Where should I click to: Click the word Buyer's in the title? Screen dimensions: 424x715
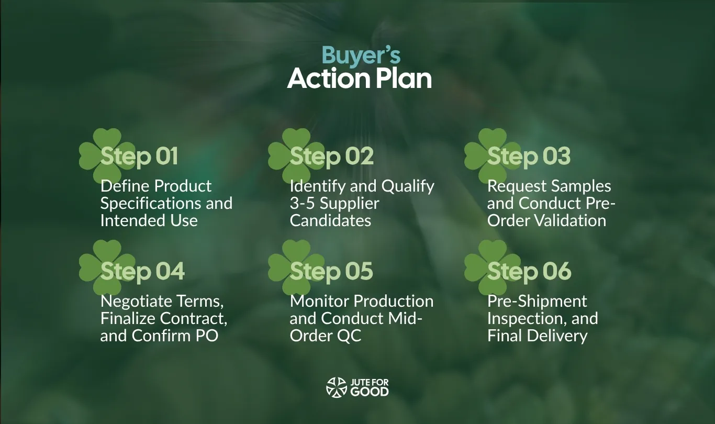click(361, 56)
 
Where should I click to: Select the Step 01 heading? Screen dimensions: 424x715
click(139, 156)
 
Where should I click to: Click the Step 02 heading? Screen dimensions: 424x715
click(332, 156)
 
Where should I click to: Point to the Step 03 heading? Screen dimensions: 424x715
click(529, 156)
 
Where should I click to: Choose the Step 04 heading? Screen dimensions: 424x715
click(142, 271)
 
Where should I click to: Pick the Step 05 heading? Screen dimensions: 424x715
click(331, 271)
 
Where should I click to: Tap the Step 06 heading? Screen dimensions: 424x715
click(529, 271)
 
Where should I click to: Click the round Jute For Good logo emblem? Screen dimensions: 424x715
click(337, 387)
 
